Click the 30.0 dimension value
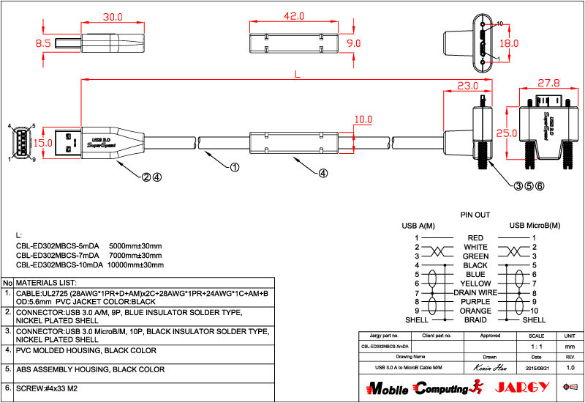tap(112, 16)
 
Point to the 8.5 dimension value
tap(43, 44)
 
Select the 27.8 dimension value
tap(548, 83)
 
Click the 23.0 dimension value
tap(468, 85)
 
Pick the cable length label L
tap(296, 73)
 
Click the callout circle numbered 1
tap(235, 167)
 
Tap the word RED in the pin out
tap(475, 238)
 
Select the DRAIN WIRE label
tap(475, 292)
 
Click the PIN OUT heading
tap(475, 215)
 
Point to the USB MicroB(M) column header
tap(535, 225)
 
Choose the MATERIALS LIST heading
tap(46, 282)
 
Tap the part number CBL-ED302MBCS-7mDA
tap(58, 255)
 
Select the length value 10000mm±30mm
tap(135, 265)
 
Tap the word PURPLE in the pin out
tap(475, 301)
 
